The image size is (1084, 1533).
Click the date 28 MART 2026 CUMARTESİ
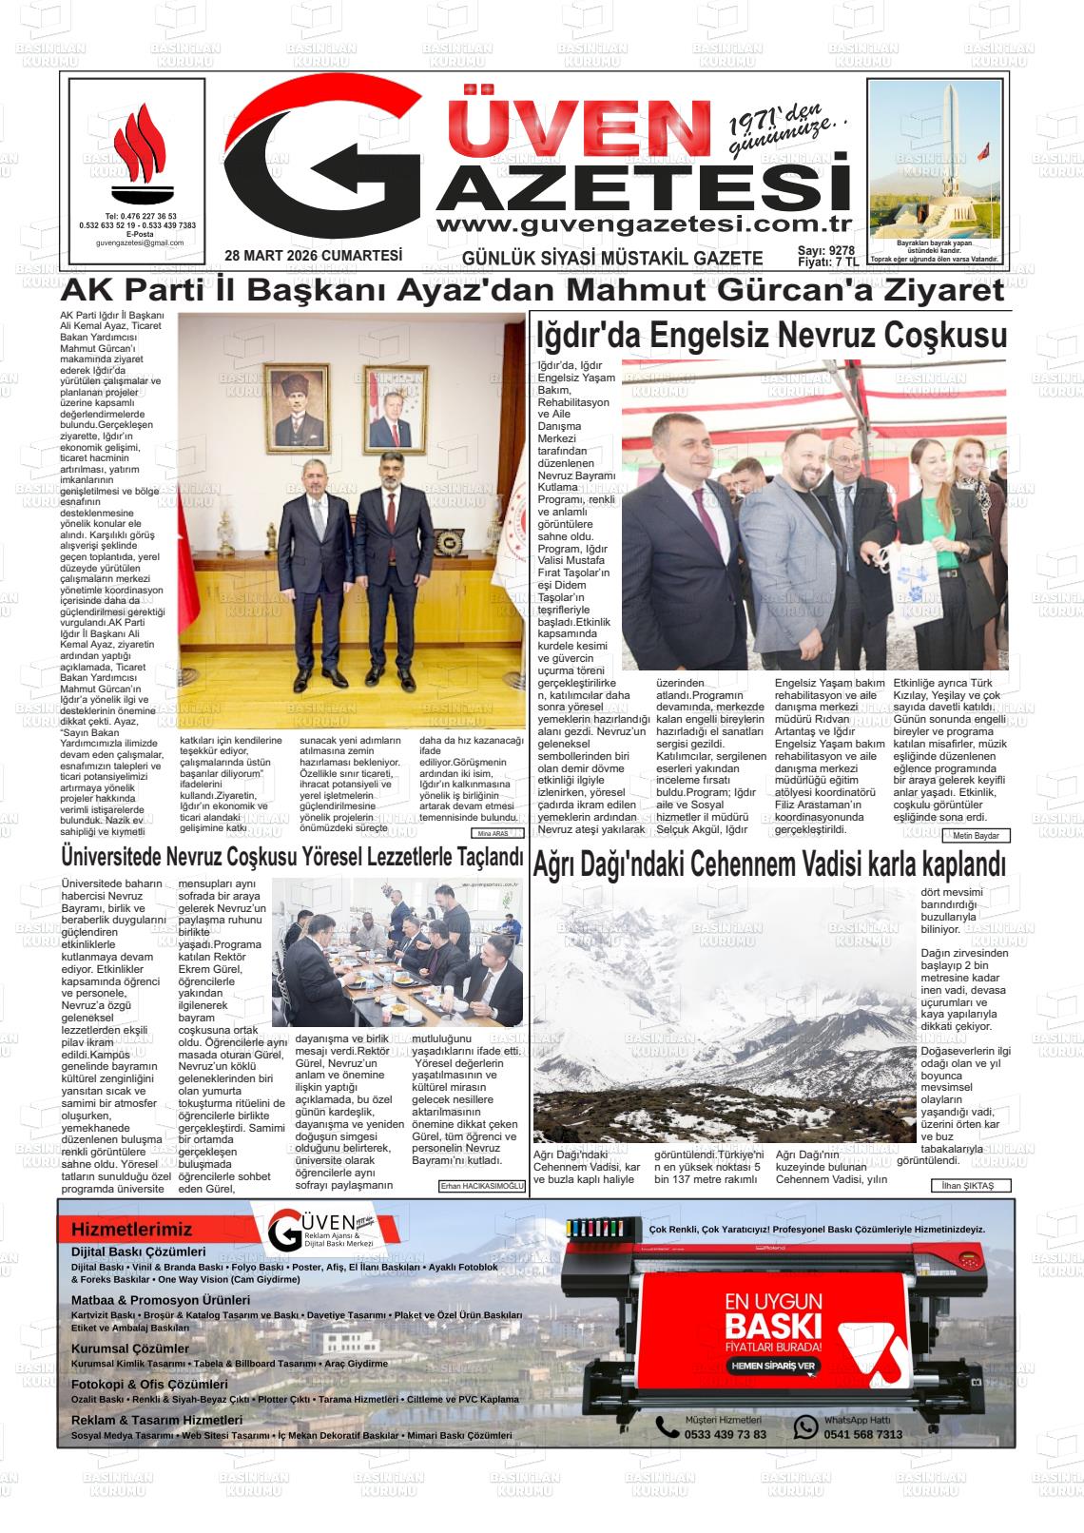pos(314,255)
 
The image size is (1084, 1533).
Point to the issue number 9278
pos(842,250)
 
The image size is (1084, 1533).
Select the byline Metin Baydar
pos(977,836)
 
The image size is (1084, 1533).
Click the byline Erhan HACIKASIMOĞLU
pos(482,1186)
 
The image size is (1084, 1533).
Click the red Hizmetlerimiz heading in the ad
pos(131,1229)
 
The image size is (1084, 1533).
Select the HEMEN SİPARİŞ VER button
pos(772,1366)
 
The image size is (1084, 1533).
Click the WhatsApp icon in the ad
pos(805,1426)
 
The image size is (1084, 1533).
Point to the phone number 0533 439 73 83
pos(725,1434)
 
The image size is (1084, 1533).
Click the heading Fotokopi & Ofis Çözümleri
pos(149,1385)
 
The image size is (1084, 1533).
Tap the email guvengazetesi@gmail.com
pos(140,243)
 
